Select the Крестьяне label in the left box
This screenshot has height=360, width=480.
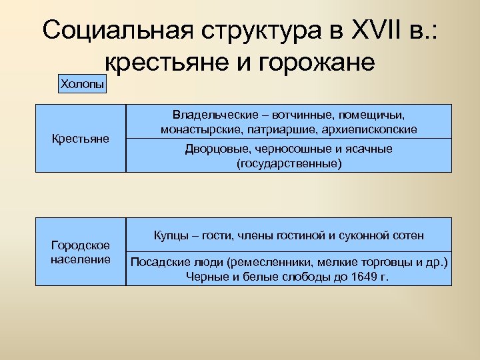pos(81,139)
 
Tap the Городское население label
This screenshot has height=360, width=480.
pos(81,252)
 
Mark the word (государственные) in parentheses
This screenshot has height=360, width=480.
pos(289,163)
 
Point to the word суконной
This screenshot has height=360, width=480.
pos(361,235)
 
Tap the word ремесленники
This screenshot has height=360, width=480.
pos(244,261)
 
